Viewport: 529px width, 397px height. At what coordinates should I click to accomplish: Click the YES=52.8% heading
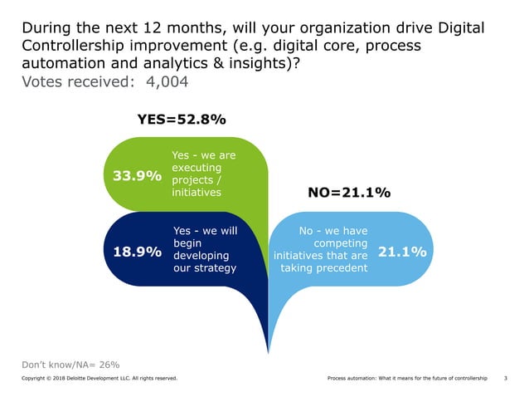[x=181, y=120]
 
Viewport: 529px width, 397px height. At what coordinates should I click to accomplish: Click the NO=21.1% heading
[x=348, y=193]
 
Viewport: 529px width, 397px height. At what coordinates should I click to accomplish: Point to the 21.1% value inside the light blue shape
[x=402, y=251]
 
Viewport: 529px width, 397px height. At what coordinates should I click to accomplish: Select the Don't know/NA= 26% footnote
[x=70, y=364]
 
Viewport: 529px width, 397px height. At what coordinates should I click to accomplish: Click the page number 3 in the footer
[x=506, y=379]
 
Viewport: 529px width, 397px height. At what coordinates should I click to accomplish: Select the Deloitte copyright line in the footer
[x=99, y=379]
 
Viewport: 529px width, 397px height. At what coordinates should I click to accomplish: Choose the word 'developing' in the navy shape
[x=204, y=255]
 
